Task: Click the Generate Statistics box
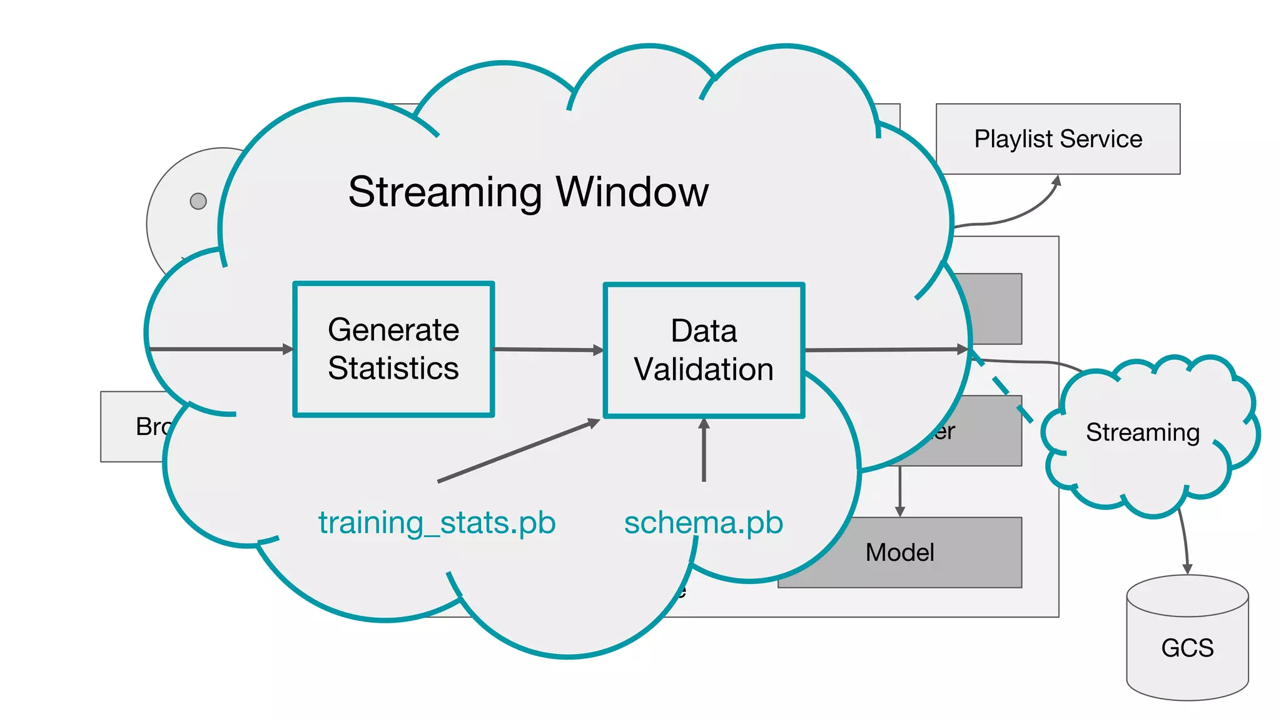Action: coord(393,349)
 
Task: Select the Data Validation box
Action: coord(704,350)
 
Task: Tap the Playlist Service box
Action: coord(1058,139)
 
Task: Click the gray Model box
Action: coord(926,553)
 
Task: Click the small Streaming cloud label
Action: coord(1142,432)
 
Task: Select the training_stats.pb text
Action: coord(437,523)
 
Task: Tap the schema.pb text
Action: coord(703,523)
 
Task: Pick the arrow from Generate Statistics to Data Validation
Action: coord(548,350)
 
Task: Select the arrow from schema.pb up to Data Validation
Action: coord(704,451)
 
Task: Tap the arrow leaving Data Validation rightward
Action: coord(885,350)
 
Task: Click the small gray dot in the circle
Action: coord(198,201)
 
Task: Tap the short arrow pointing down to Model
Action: coord(899,491)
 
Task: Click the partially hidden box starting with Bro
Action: coord(134,427)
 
